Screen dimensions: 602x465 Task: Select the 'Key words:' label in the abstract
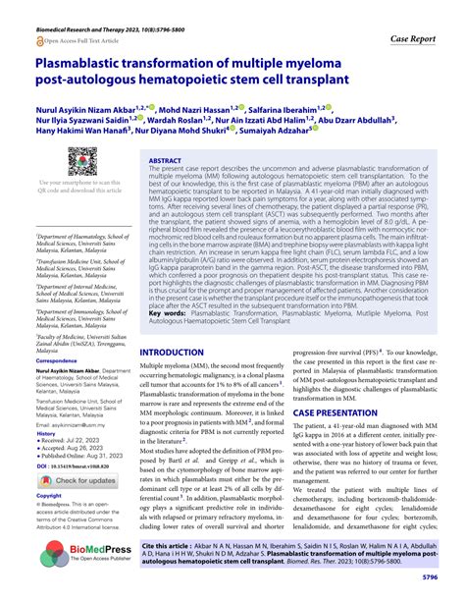(168, 296)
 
